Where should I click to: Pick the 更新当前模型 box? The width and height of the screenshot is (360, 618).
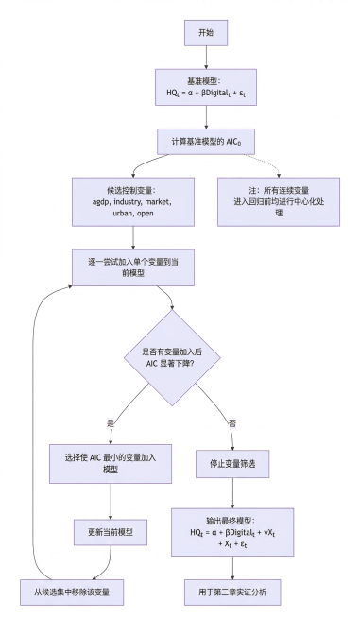[x=112, y=533]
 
